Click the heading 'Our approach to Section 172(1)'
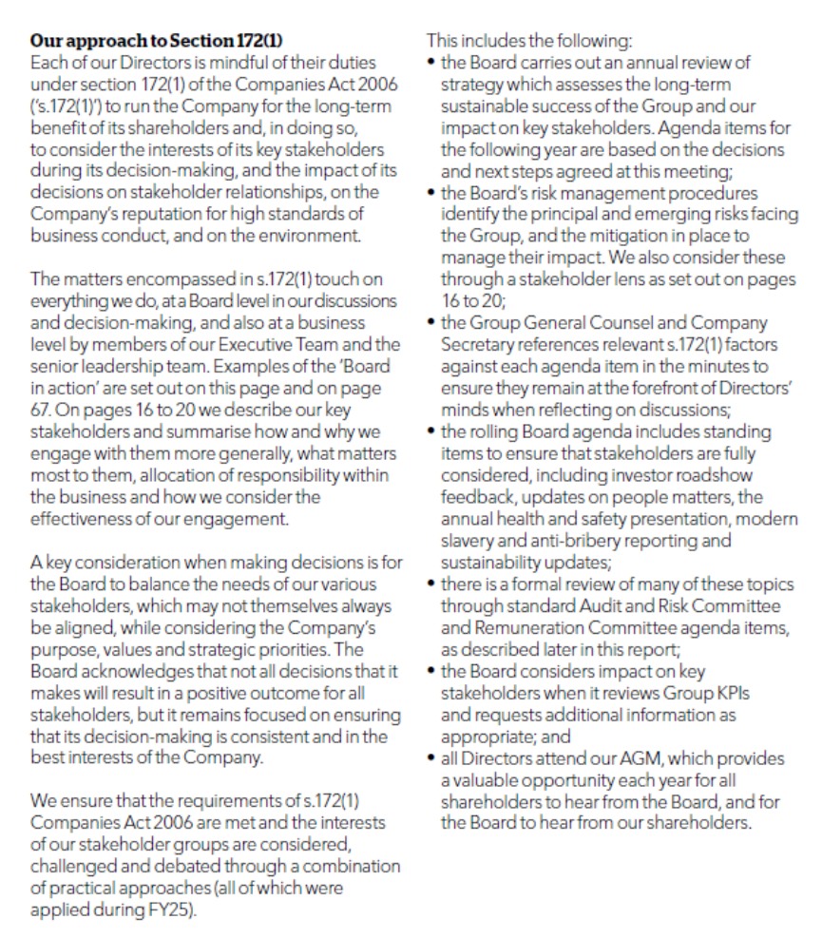coord(156,41)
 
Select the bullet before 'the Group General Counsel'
coord(431,323)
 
